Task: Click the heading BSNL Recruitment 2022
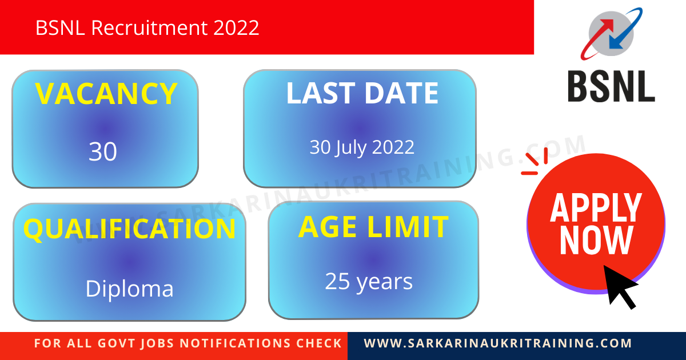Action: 147,27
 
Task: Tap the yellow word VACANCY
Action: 106,94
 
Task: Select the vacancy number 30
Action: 103,151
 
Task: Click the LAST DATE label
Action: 362,93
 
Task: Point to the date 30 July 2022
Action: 362,147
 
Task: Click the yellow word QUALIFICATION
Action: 129,229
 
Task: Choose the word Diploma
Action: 129,289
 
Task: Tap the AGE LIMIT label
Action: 373,227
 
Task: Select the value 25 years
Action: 369,281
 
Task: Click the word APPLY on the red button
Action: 596,208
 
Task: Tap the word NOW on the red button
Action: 596,241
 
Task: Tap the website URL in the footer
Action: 498,344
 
